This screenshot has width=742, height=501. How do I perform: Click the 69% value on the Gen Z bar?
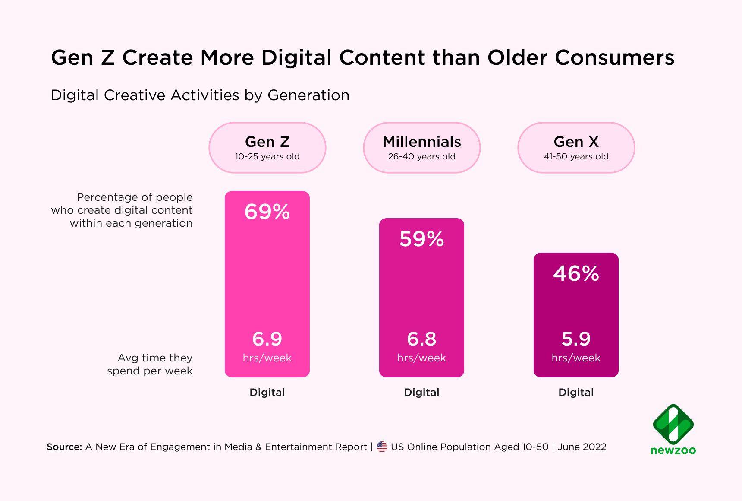267,212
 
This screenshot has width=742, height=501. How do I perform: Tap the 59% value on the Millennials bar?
421,239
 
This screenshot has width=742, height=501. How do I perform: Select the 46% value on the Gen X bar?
576,273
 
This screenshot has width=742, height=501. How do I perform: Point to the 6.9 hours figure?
267,339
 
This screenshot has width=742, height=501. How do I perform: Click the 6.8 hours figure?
421,339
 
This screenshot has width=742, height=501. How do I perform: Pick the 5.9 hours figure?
576,339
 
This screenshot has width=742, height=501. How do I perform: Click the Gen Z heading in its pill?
267,142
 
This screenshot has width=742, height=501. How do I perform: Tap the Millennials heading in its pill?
421,142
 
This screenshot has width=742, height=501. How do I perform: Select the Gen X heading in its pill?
576,142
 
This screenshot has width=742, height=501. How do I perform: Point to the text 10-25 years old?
267,157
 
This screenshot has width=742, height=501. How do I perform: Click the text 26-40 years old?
421,157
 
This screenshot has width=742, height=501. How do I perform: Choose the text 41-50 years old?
576,157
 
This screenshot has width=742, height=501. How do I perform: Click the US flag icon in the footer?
382,447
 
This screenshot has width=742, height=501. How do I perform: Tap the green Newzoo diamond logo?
673,424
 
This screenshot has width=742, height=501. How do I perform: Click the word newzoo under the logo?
673,450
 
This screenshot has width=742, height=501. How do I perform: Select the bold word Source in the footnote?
64,447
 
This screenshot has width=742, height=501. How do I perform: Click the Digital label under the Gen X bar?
576,393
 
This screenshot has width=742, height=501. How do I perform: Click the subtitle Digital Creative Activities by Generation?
200,95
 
